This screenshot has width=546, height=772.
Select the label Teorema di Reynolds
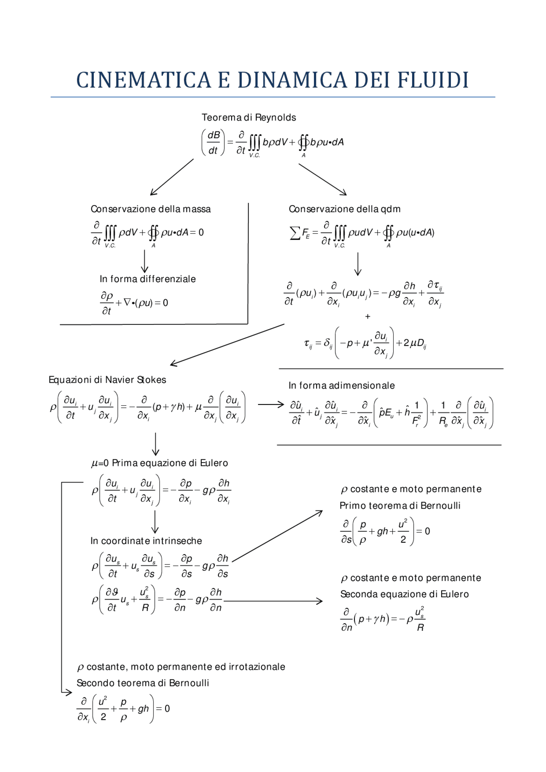coord(249,118)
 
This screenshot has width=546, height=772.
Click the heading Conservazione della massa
coord(151,209)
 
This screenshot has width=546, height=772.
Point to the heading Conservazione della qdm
coord(344,209)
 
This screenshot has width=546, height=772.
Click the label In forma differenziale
coord(148,279)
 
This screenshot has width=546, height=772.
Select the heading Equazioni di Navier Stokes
coord(107,380)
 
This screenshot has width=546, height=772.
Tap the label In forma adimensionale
coord(341,386)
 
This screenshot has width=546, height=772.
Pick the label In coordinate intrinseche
coord(146,541)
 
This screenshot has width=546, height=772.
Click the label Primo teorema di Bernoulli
coord(400,506)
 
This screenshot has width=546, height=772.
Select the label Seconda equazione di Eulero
coord(404,594)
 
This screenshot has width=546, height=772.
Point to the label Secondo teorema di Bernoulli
coord(142,683)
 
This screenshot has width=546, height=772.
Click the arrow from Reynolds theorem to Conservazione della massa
coord(171,177)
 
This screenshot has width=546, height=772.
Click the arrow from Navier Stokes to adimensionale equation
coord(271,404)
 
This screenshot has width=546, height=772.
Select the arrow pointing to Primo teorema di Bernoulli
coord(277,536)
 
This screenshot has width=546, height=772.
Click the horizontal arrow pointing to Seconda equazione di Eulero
coord(273,601)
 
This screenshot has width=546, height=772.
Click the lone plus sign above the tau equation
coord(368,317)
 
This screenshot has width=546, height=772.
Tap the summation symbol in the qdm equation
coord(295,233)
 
